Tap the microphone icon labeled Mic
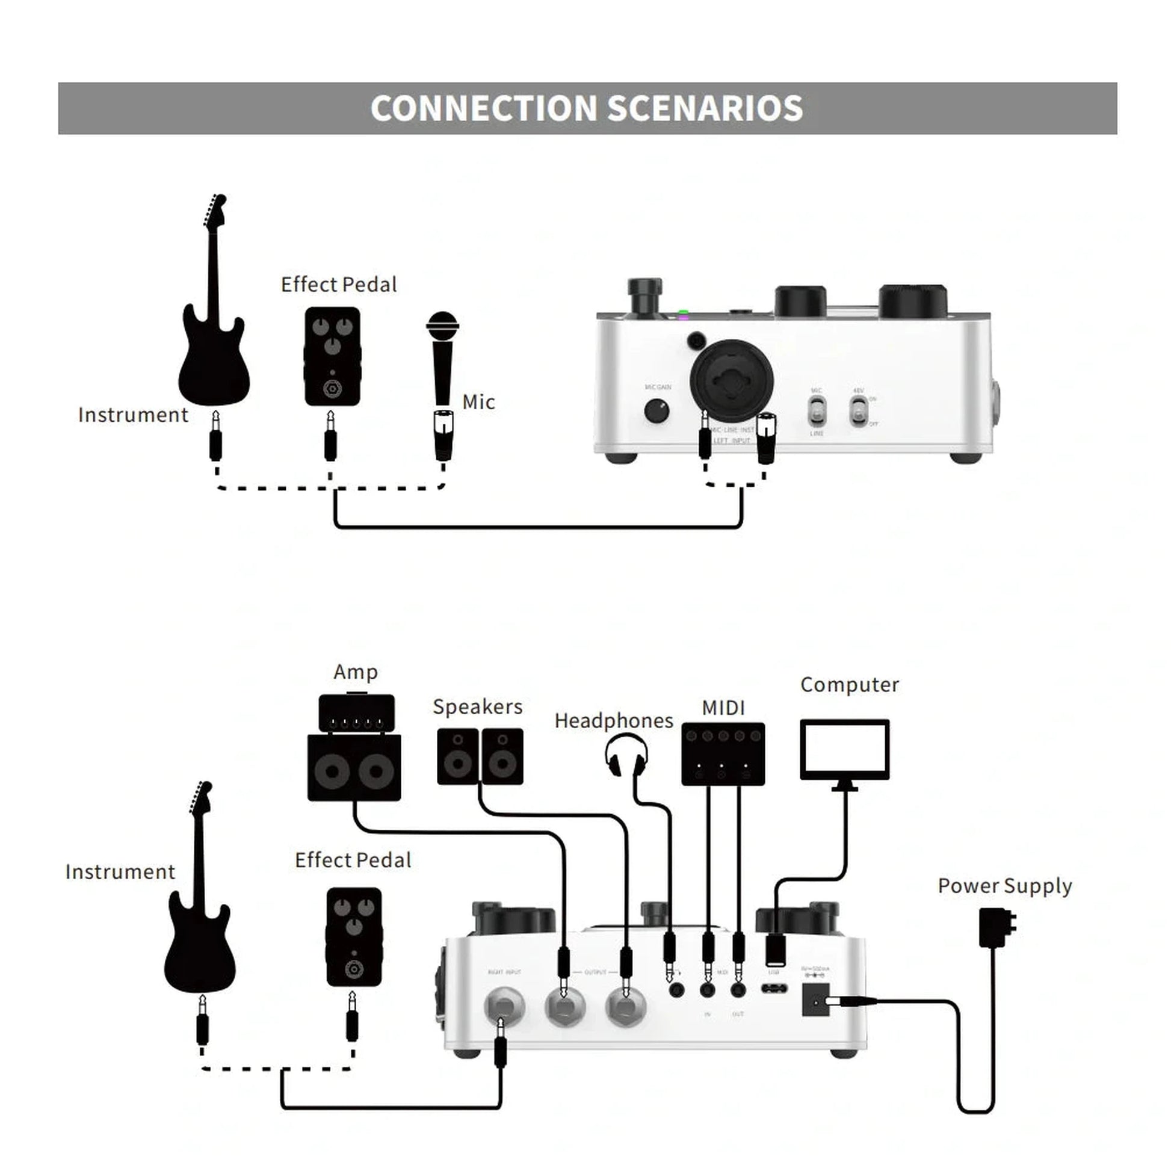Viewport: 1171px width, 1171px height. pyautogui.click(x=442, y=357)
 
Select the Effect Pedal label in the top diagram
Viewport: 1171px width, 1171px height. pyautogui.click(x=339, y=285)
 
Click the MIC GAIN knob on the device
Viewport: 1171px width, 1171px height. pyautogui.click(x=657, y=410)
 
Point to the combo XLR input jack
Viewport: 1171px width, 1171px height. pyautogui.click(x=732, y=381)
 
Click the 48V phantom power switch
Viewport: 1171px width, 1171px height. pyautogui.click(x=857, y=410)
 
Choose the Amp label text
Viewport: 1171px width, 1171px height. pyautogui.click(x=356, y=672)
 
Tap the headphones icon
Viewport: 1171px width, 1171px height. pyautogui.click(x=626, y=754)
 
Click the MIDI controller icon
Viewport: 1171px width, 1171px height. pyautogui.click(x=723, y=753)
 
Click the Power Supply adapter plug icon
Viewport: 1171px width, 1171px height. pyautogui.click(x=996, y=927)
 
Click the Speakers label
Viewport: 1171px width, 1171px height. pyautogui.click(x=478, y=706)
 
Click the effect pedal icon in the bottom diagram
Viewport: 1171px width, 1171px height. pyautogui.click(x=354, y=936)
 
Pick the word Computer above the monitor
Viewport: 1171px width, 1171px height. pyautogui.click(x=849, y=685)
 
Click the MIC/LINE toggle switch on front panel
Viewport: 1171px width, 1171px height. pyautogui.click(x=817, y=410)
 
